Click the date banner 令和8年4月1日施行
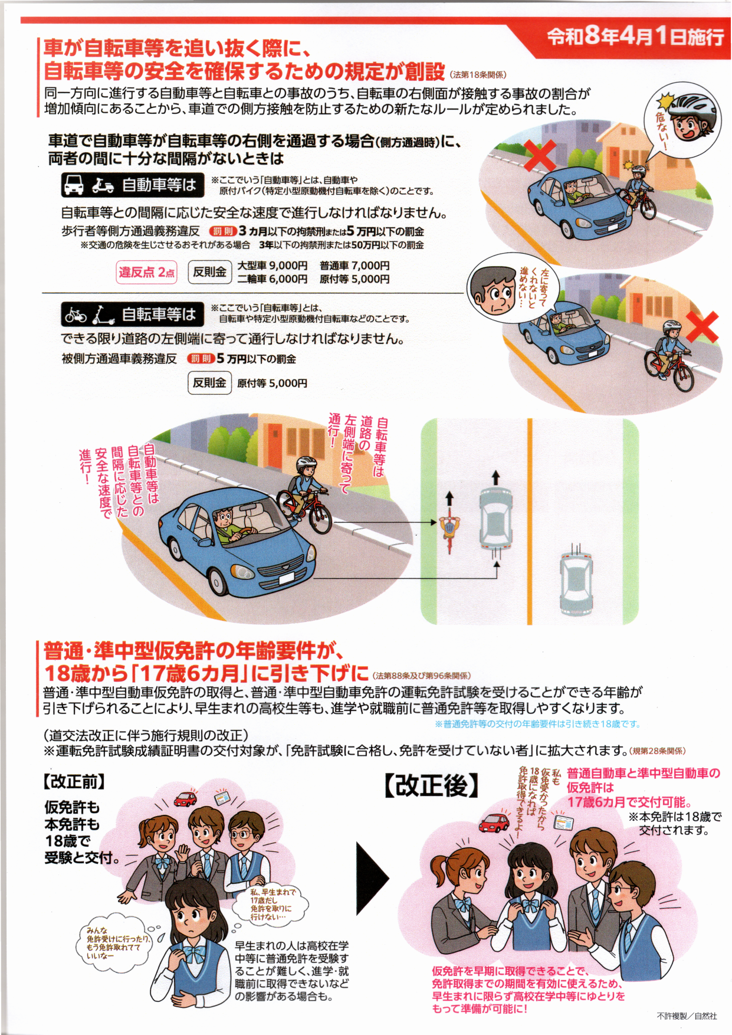coord(635,37)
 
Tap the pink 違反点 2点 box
coord(147,272)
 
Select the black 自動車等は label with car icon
coord(132,185)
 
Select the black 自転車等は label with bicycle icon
coord(132,314)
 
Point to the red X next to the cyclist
coord(702,326)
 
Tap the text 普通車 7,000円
coord(354,266)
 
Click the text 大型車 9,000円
coord(273,266)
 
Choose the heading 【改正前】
coord(74,782)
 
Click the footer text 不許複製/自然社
coord(687,1016)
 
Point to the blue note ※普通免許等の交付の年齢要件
coord(537,724)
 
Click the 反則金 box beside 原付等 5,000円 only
coord(209,383)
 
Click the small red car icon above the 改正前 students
coord(185,799)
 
